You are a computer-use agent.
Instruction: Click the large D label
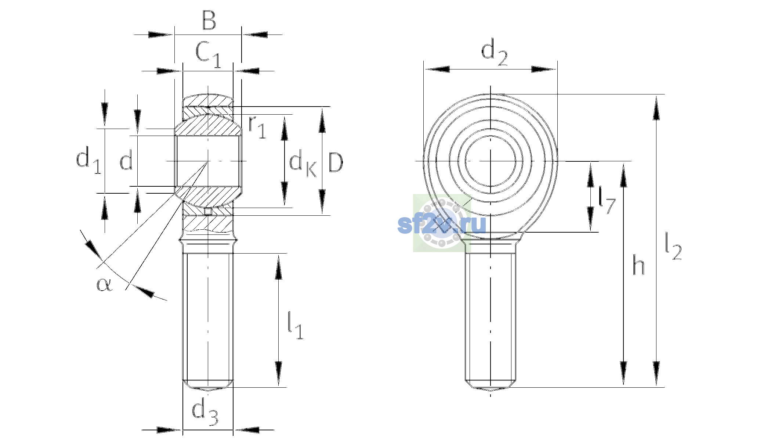336,162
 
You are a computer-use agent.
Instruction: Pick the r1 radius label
257,127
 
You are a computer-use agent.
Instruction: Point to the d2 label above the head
494,53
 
